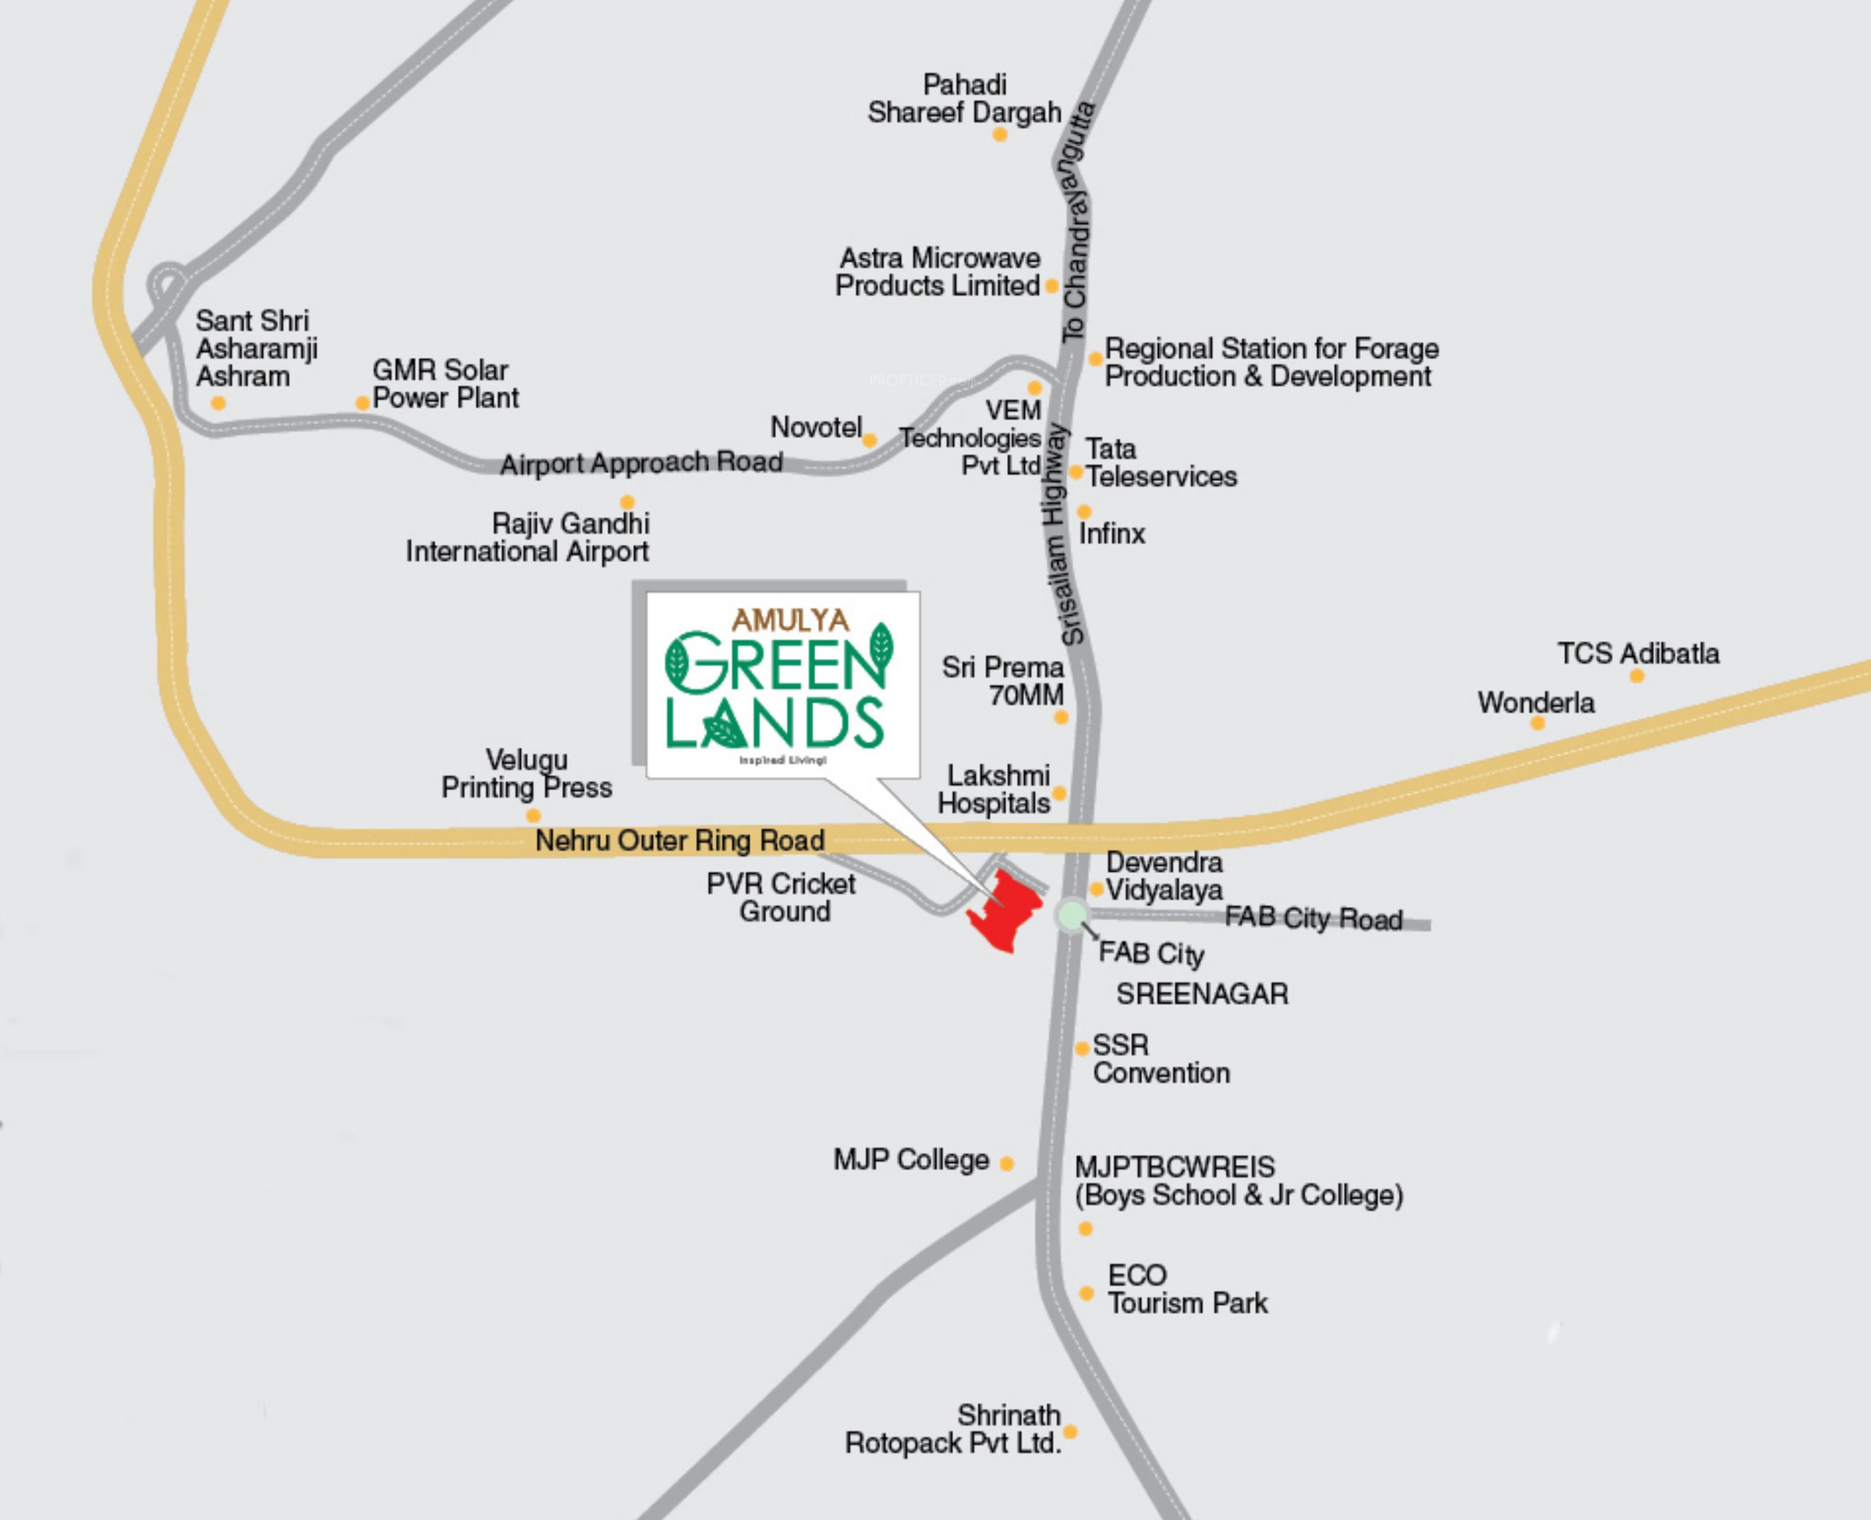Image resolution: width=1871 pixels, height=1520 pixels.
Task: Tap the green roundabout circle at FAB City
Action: (x=1071, y=916)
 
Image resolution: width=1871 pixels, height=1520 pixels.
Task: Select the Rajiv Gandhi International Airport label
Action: (x=527, y=538)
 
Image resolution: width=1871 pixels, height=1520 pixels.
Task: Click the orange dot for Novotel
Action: (x=870, y=441)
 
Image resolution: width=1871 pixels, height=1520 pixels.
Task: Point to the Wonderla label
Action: (x=1536, y=702)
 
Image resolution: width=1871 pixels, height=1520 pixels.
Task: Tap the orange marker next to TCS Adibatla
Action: (x=1636, y=676)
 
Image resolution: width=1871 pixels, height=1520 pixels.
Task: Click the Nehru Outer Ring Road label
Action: (x=680, y=840)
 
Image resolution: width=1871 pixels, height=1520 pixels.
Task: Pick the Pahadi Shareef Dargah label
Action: (x=964, y=99)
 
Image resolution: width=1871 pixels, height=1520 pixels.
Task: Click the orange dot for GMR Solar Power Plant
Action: (x=361, y=402)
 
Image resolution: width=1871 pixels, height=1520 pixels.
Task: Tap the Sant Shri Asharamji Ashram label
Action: (x=256, y=349)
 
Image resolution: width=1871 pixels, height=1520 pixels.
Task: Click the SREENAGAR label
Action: (x=1202, y=993)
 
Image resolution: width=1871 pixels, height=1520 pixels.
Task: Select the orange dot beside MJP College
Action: (x=1007, y=1164)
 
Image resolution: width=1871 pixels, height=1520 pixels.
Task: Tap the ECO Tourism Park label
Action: (x=1186, y=1289)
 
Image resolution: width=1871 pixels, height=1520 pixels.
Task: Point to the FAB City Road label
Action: (x=1313, y=918)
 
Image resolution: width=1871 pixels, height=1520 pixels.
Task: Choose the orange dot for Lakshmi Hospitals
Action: (x=1060, y=793)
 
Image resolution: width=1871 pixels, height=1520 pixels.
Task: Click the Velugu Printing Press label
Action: (x=526, y=773)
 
